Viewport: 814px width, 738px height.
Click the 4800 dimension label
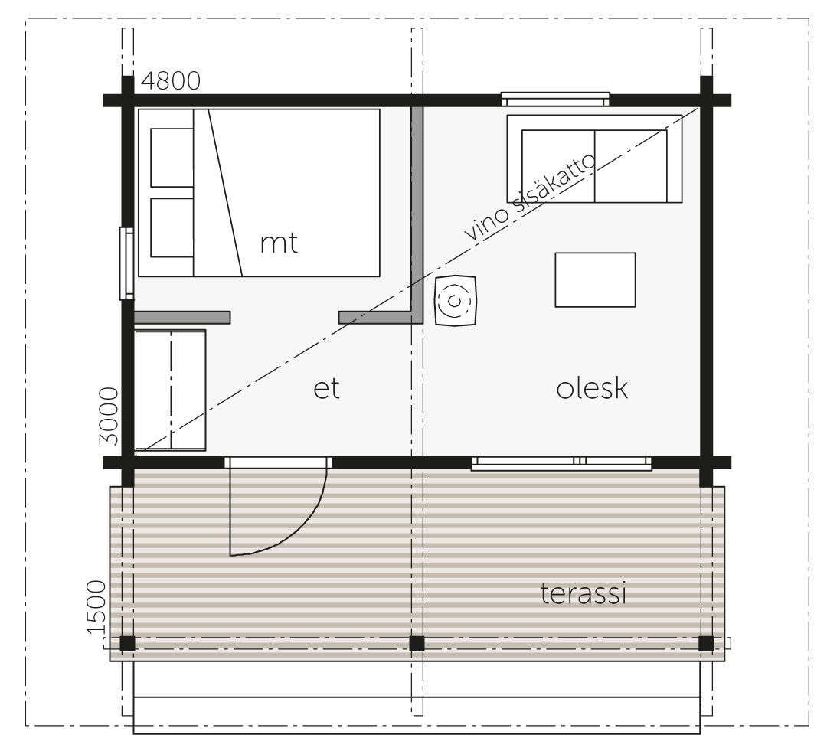tap(171, 81)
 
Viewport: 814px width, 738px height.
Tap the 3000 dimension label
tap(109, 416)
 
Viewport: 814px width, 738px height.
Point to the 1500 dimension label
tap(96, 607)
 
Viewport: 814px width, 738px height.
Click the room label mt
tap(279, 243)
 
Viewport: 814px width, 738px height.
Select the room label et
tap(326, 388)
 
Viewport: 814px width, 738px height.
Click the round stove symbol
tap(456, 301)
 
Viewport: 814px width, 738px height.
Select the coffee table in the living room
tap(595, 279)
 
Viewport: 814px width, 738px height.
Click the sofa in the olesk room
tap(594, 158)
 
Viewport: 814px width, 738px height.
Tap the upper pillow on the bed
tap(172, 157)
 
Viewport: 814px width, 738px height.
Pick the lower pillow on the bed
tap(172, 227)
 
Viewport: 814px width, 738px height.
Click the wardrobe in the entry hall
tap(170, 390)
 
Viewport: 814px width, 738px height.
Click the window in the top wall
tap(555, 99)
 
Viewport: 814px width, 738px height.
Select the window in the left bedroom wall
tap(126, 263)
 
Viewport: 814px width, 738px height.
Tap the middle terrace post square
tap(417, 644)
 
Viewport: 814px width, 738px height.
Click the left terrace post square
tap(127, 644)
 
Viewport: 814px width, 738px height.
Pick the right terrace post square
tap(706, 644)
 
